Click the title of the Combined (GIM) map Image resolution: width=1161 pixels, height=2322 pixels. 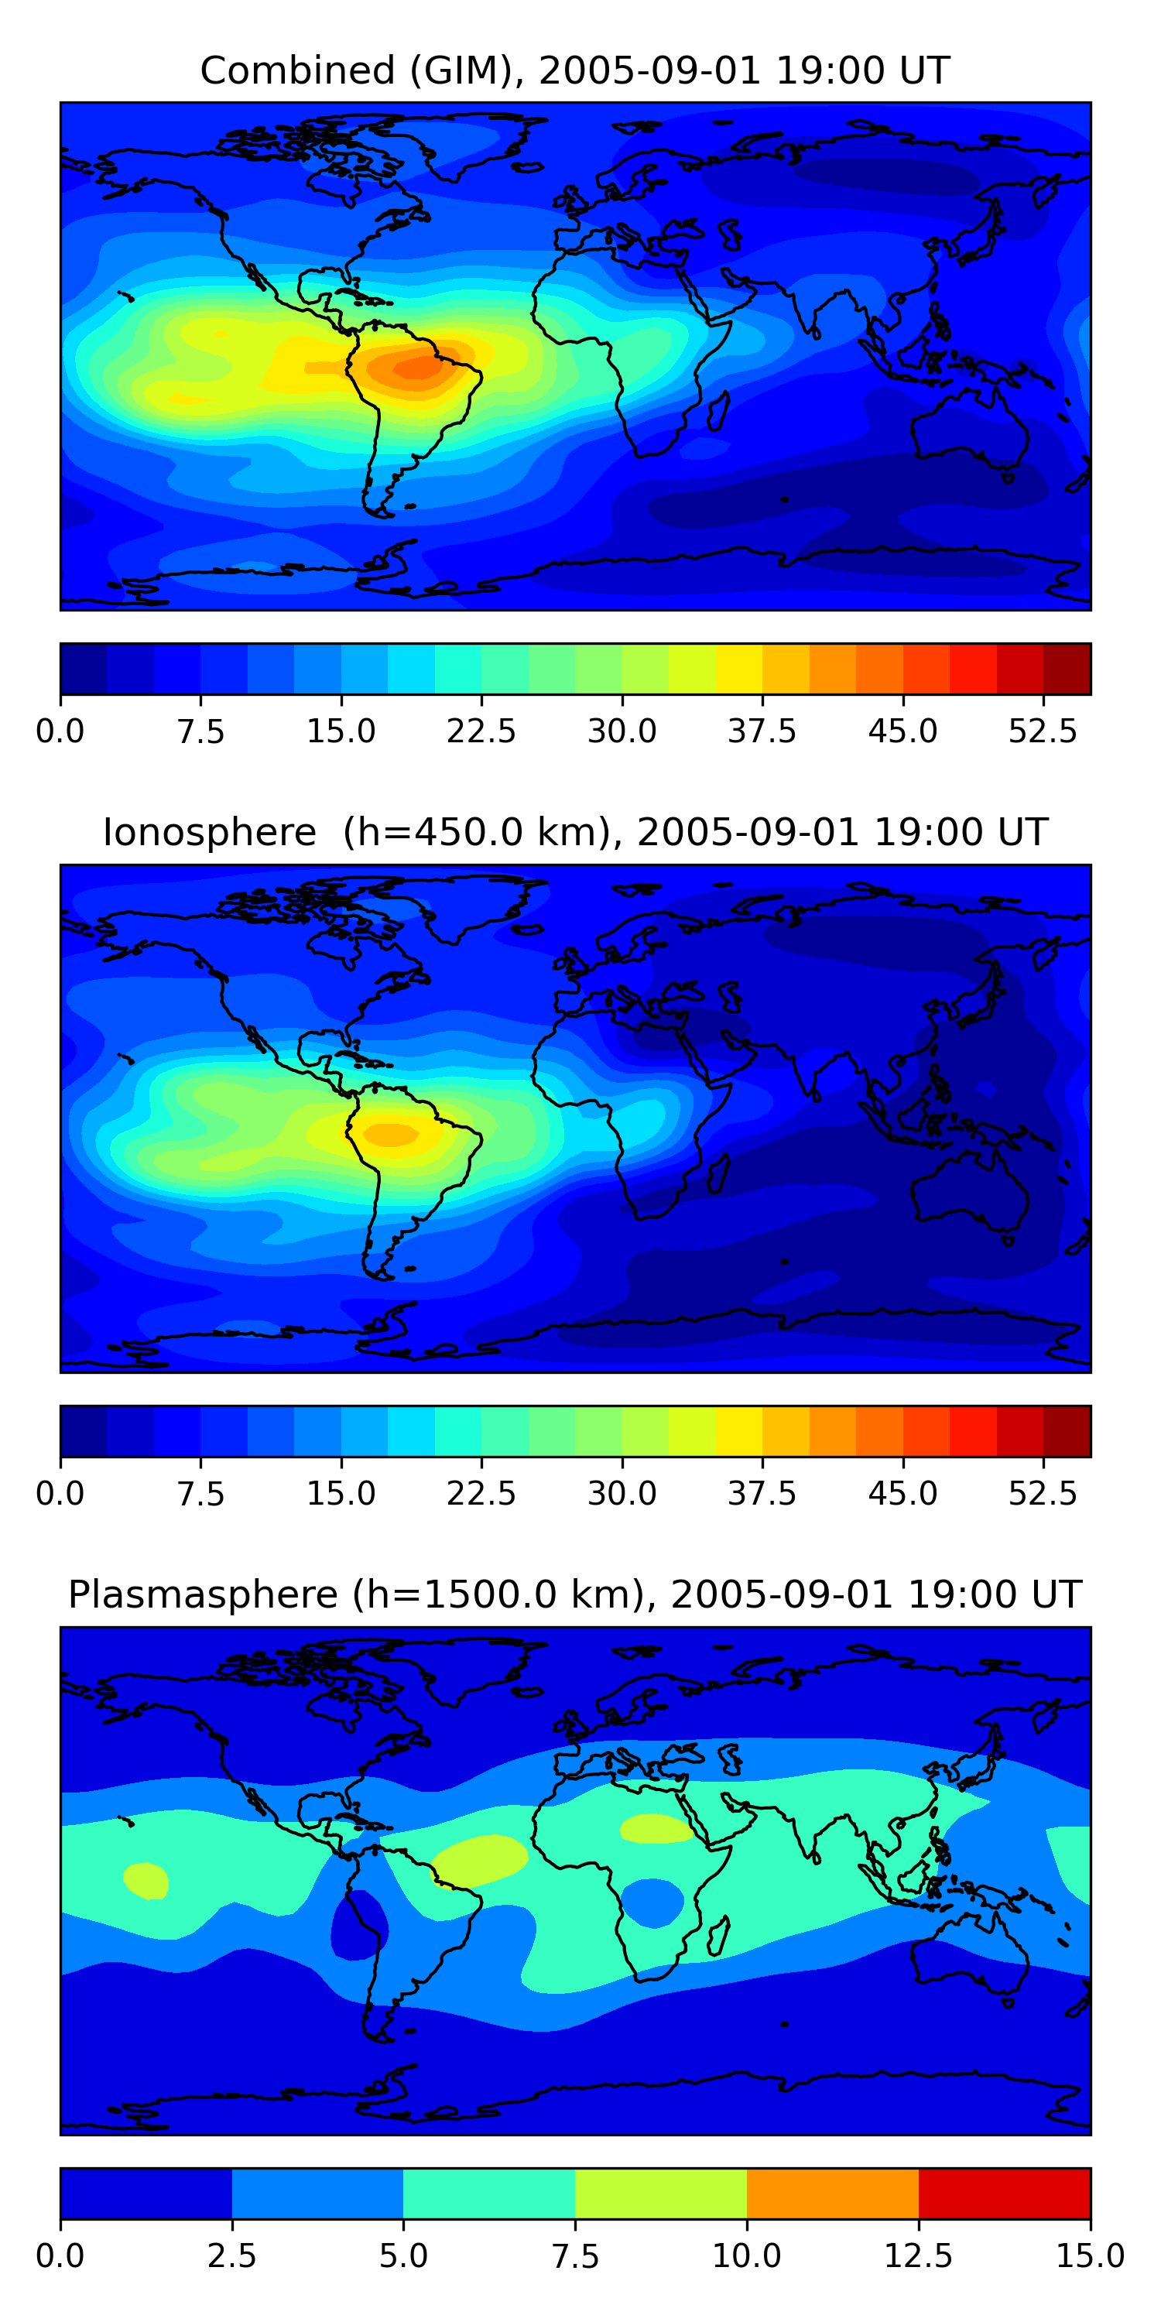[x=574, y=70]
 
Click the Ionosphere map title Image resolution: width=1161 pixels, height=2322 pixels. [x=574, y=832]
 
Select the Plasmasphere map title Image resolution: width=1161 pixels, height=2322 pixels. [x=574, y=1594]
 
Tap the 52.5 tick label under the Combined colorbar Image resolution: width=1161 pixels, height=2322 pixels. [x=1042, y=731]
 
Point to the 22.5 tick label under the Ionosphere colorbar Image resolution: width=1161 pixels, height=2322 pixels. [x=481, y=1494]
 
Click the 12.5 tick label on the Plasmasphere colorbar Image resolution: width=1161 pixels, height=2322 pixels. [x=919, y=2255]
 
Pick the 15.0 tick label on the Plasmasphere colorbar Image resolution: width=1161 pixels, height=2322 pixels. [x=1089, y=2255]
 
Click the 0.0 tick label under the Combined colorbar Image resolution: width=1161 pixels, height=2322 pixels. [x=60, y=731]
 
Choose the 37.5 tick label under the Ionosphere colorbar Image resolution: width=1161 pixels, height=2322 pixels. [x=762, y=1494]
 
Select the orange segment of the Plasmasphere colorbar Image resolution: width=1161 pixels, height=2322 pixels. [x=832, y=2193]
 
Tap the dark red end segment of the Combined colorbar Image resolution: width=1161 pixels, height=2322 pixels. [x=1067, y=669]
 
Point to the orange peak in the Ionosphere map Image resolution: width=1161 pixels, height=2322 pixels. [x=390, y=1133]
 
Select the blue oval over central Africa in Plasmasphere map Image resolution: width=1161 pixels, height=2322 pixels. [x=652, y=1902]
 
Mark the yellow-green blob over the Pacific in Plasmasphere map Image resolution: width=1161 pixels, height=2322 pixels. [x=146, y=1880]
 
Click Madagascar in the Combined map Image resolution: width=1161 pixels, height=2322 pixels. [x=718, y=410]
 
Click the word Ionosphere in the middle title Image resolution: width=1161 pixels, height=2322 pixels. [x=209, y=832]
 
